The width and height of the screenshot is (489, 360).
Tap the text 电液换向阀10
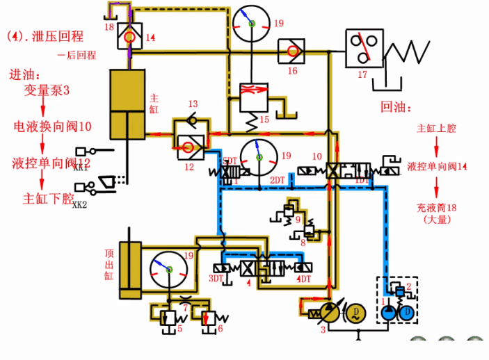click(53, 126)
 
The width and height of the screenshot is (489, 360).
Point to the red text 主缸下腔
click(49, 198)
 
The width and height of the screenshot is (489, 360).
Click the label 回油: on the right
click(396, 108)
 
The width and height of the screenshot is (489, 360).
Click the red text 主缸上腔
click(436, 129)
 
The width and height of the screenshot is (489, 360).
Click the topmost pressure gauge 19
click(250, 24)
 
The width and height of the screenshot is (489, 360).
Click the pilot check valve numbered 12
click(189, 144)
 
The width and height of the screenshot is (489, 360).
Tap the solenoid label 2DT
click(278, 180)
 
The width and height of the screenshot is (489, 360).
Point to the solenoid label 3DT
click(217, 279)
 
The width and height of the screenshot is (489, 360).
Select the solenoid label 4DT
click(304, 279)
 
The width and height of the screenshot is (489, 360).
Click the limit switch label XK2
click(81, 204)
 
